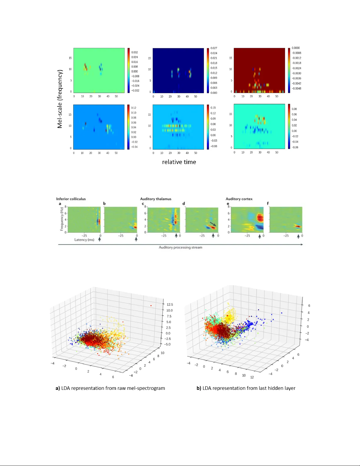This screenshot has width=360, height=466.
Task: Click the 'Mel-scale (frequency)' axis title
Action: click(60, 99)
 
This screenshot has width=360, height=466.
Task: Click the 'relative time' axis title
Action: click(179, 162)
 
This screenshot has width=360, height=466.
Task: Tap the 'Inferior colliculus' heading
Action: click(71, 199)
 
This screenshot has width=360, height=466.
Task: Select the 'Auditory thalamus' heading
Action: click(155, 199)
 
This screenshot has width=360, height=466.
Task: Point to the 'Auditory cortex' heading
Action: click(239, 199)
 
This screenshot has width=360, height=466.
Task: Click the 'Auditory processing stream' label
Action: click(180, 247)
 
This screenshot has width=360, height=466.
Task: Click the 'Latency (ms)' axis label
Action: click(84, 240)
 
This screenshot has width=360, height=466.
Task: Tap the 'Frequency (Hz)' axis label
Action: click(62, 219)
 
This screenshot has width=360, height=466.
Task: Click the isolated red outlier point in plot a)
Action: click(151, 306)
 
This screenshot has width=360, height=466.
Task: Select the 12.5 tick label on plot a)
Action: click(170, 305)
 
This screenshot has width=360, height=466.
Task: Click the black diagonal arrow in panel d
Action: click(213, 224)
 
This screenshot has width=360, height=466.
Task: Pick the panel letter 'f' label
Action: click(267, 203)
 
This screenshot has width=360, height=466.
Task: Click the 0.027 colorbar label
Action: click(214, 48)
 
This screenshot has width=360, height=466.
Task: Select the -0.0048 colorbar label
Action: click(296, 88)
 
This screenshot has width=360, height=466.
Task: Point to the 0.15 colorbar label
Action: click(213, 108)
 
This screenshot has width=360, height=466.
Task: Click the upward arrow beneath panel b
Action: click(136, 239)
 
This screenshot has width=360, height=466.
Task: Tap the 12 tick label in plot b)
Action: click(252, 377)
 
